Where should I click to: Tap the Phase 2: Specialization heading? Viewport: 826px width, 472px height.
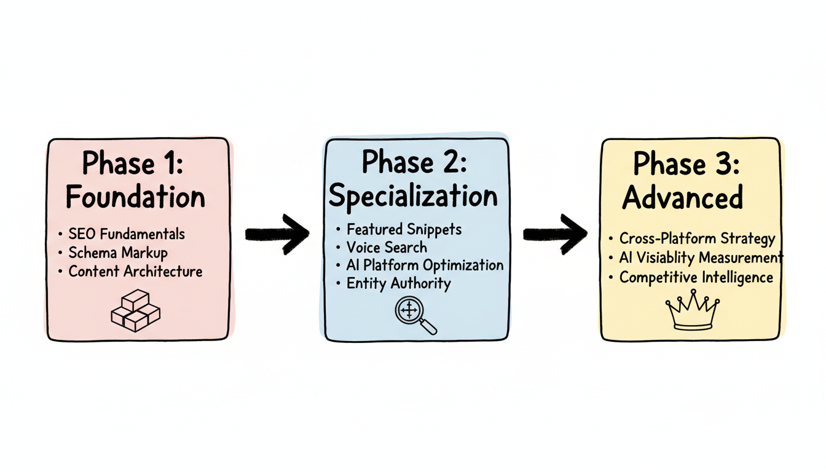tap(414, 179)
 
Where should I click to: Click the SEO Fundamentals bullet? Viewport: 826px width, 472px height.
tap(127, 234)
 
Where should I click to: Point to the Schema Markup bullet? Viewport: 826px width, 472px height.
tap(118, 253)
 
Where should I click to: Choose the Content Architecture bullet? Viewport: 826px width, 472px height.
tap(135, 271)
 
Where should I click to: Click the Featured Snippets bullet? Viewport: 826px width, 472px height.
tap(404, 229)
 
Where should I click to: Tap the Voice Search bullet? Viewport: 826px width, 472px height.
tap(387, 247)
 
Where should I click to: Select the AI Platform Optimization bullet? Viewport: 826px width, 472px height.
tap(425, 265)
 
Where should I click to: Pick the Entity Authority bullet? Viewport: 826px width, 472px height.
tap(398, 283)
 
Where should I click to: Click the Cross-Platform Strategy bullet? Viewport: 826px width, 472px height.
tap(697, 239)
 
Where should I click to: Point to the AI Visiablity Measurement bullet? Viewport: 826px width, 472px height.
tap(701, 258)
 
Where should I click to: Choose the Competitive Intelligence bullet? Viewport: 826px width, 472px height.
tap(696, 277)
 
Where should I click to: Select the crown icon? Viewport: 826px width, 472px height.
tap(693, 312)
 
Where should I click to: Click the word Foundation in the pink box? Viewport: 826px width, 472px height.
tap(135, 197)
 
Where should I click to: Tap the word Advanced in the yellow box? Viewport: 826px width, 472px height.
tap(682, 198)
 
